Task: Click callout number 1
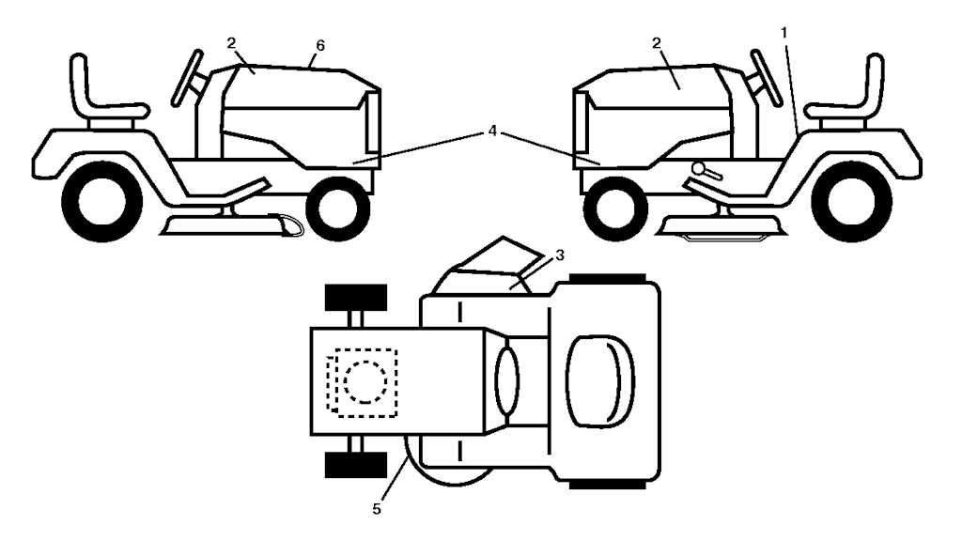coord(784,31)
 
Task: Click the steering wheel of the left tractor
coord(186,78)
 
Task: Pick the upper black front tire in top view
coord(356,298)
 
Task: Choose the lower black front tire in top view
coord(356,464)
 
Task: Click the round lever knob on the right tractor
coord(695,169)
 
